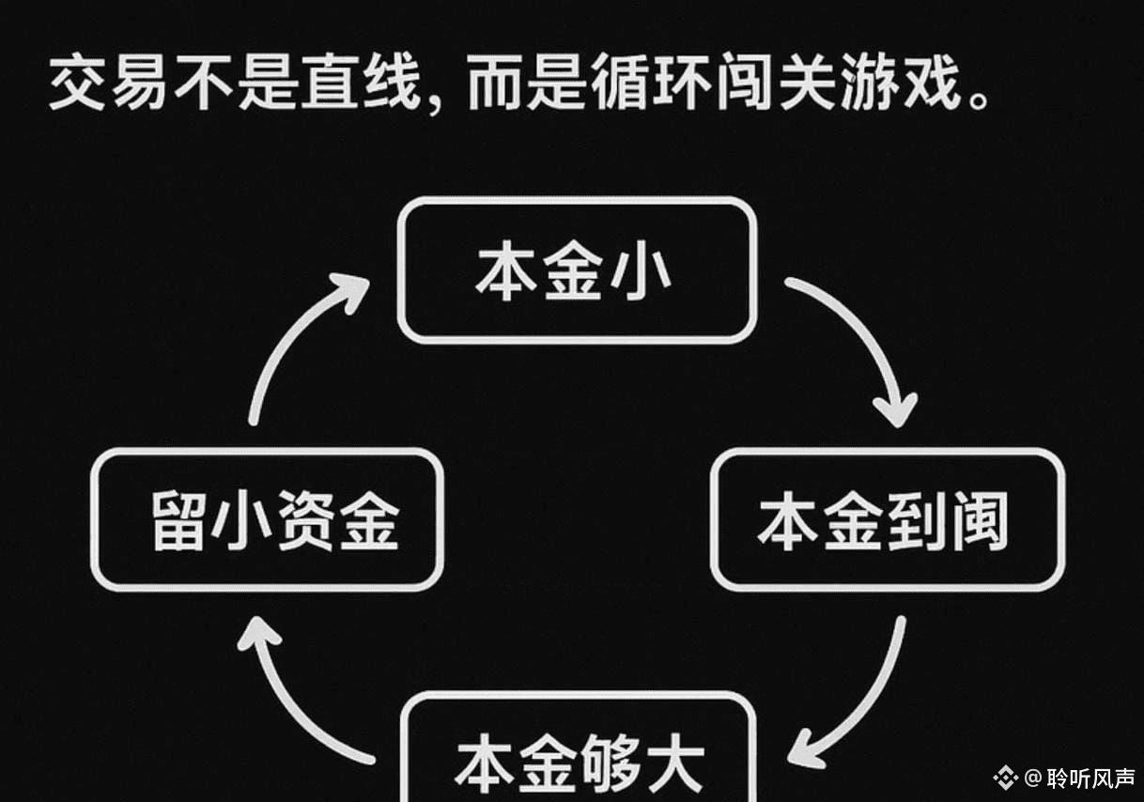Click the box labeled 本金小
tap(577, 270)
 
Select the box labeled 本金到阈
tap(887, 519)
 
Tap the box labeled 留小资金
tap(267, 519)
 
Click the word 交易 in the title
tap(109, 85)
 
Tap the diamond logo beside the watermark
tap(1007, 778)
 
